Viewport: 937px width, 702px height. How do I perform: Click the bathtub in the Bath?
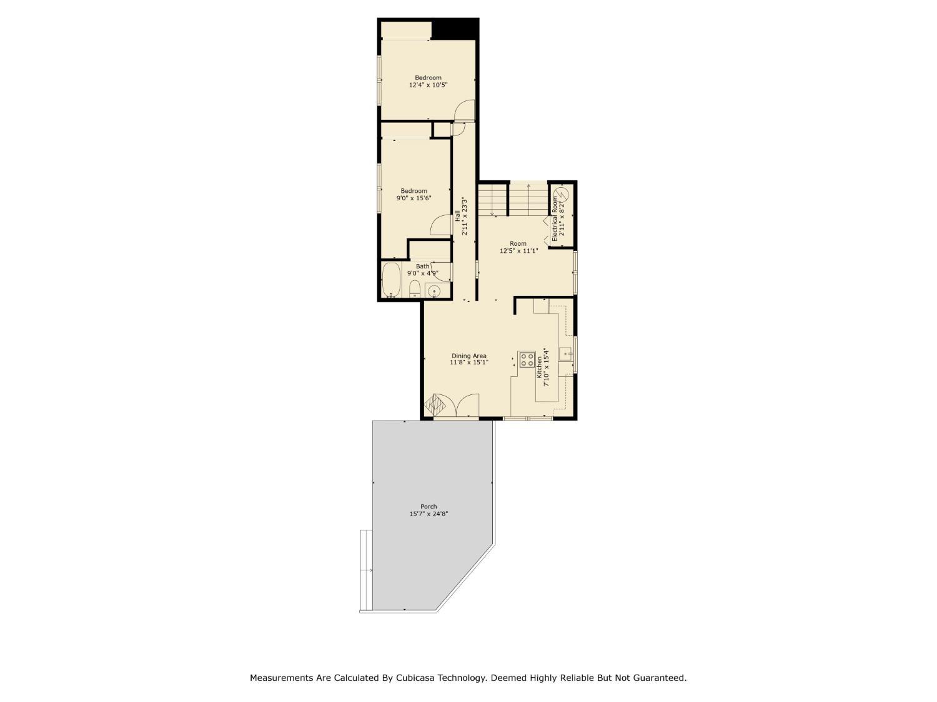click(392, 280)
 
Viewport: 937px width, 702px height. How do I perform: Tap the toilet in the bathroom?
click(414, 289)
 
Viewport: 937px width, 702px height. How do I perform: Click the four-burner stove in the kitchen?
click(527, 359)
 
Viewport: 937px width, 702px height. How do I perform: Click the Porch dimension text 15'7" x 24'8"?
click(429, 514)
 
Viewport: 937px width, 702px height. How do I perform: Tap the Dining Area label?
click(468, 356)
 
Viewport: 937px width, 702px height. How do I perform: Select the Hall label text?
click(457, 215)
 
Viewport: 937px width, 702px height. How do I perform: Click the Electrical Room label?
click(554, 219)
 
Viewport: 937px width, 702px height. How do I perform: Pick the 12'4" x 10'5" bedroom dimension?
click(428, 85)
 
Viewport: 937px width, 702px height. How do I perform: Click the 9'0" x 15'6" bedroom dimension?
click(414, 198)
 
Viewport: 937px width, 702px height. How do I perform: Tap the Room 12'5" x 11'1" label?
click(518, 247)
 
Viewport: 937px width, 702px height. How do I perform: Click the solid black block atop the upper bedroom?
click(455, 29)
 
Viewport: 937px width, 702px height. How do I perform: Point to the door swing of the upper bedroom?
click(465, 110)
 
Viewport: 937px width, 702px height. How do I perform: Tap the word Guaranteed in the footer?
click(660, 678)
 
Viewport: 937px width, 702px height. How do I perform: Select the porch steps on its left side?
click(366, 570)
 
